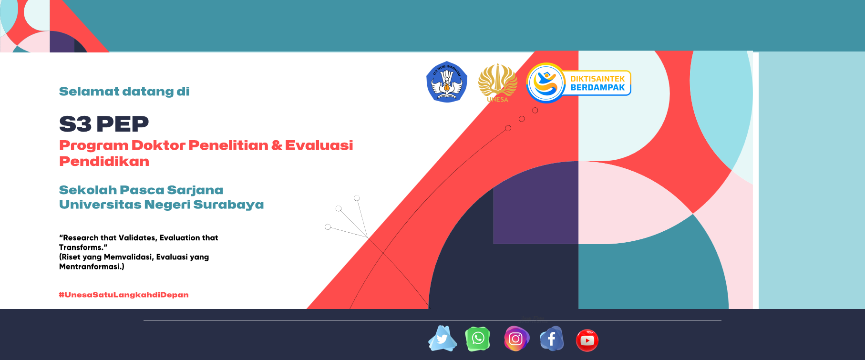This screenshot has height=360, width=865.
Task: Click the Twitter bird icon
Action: point(443,339)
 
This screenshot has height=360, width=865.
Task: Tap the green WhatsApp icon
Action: point(478,339)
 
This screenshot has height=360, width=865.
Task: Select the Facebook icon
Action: point(552,339)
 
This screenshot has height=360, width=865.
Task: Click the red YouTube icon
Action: point(587,340)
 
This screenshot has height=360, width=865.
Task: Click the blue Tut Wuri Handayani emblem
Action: point(447,82)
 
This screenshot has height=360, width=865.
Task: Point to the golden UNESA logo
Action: point(498,82)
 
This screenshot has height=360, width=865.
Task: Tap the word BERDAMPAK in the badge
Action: point(597,88)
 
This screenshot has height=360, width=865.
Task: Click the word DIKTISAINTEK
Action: point(597,79)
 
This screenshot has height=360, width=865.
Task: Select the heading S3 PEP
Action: point(104,124)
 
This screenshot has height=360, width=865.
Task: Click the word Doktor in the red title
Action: point(158,145)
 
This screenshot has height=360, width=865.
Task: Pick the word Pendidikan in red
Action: point(104,161)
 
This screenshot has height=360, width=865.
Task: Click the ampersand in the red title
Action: point(277,145)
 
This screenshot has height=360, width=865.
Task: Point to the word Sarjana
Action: point(195,190)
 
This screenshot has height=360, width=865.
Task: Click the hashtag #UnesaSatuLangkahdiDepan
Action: point(124,295)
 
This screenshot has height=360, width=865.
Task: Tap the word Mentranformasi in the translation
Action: point(90,267)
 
